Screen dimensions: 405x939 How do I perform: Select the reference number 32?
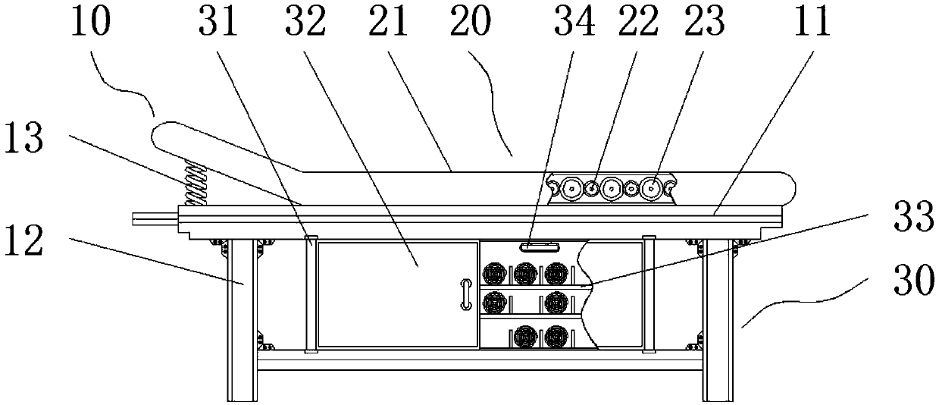click(305, 24)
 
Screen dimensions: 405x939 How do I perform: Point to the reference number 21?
click(389, 24)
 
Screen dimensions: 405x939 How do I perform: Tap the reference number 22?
click(637, 24)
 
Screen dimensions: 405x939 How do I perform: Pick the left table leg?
click(243, 319)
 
